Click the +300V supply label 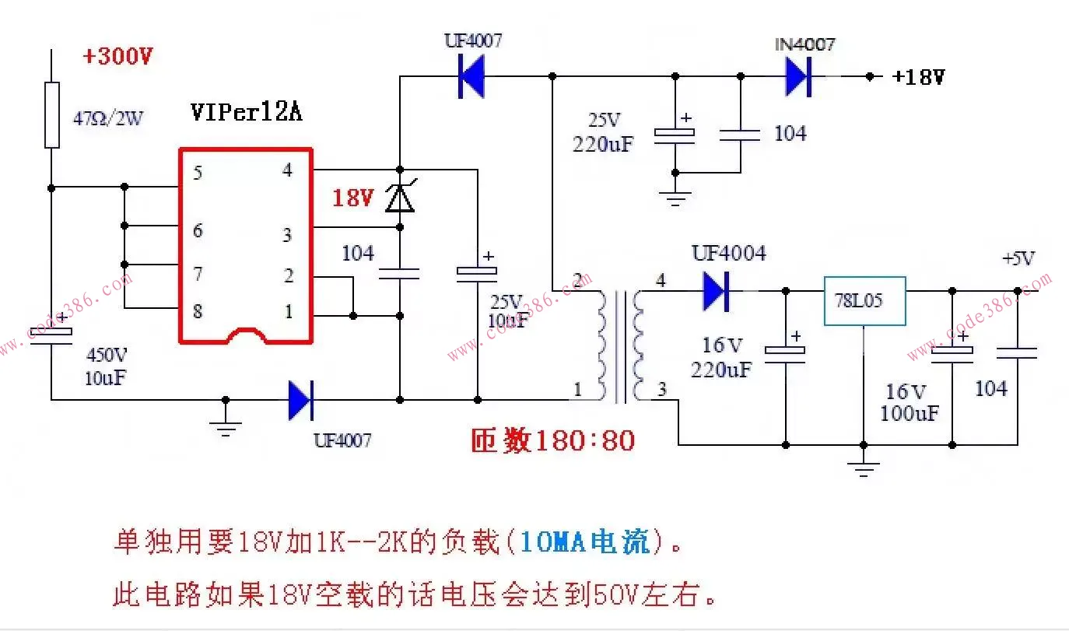point(118,57)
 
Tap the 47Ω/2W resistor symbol point(52,114)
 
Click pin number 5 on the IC point(198,173)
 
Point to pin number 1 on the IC point(289,312)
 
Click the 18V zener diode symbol point(400,198)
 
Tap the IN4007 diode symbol point(797,77)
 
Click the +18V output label point(919,77)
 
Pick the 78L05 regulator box point(864,300)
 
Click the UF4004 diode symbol point(715,291)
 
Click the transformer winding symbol point(620,346)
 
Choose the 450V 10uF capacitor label point(107,366)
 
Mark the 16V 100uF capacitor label point(909,401)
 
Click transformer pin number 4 point(661,281)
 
